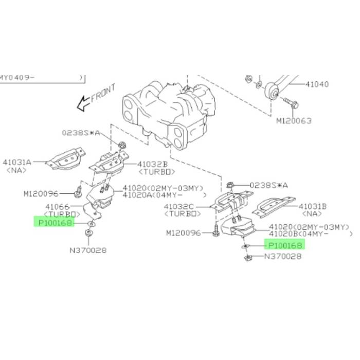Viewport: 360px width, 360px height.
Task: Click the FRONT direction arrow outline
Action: click(83, 103)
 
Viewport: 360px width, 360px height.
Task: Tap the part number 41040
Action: click(317, 84)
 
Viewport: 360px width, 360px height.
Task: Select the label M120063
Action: click(294, 121)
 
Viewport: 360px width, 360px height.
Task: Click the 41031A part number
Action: click(17, 163)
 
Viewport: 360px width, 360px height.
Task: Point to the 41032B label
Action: click(152, 164)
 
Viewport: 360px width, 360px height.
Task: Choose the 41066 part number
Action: click(58, 207)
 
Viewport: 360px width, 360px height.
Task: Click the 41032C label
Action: click(179, 207)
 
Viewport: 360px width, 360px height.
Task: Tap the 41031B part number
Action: click(313, 206)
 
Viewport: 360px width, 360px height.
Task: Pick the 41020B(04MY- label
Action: click(298, 233)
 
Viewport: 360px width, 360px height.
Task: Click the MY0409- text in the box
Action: click(17, 77)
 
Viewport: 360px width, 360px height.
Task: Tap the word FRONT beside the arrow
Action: click(103, 93)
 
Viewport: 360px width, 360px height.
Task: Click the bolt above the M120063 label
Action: click(291, 103)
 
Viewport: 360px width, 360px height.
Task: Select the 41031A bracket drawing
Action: click(66, 158)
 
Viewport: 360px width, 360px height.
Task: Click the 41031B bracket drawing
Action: click(274, 207)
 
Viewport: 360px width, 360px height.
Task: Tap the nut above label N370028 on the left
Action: click(88, 233)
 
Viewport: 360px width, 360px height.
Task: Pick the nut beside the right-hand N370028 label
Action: click(248, 258)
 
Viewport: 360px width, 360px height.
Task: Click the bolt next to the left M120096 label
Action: click(79, 192)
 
